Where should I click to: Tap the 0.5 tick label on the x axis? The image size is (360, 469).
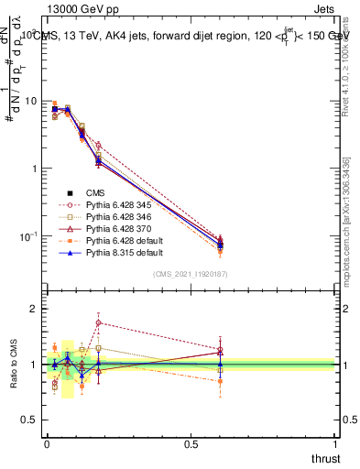click(191, 443)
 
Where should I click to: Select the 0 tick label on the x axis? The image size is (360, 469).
click(47, 443)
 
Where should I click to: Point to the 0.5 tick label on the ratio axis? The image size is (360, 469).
click(28, 420)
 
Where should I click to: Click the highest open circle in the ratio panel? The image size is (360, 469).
click(98, 322)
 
